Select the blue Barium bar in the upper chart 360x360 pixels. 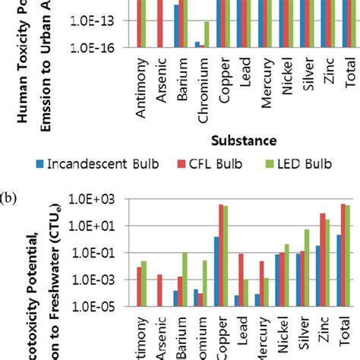point(177,26)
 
